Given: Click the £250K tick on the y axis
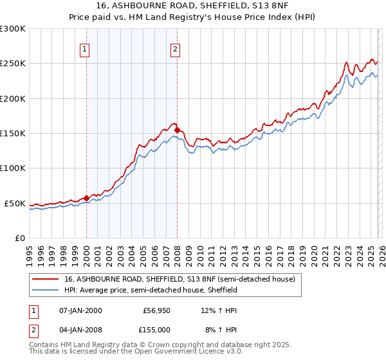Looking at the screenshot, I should pos(13,64).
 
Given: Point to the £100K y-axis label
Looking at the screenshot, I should pos(13,168).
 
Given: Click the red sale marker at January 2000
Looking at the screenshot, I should pos(86,198).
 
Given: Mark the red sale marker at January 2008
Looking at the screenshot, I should pos(177,130).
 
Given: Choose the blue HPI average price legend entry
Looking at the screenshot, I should pos(151,291).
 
